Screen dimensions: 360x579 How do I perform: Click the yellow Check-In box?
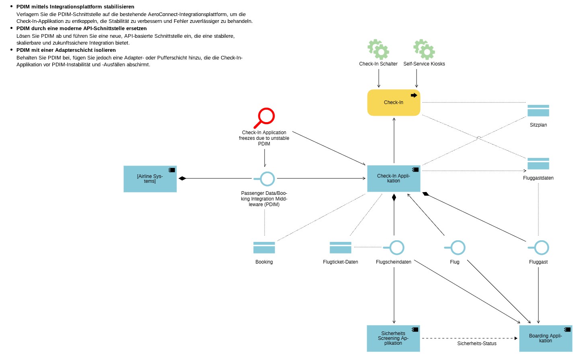393,102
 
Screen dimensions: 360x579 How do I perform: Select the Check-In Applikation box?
393,178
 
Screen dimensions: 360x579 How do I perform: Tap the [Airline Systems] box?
150,179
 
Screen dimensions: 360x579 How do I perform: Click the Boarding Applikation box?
545,338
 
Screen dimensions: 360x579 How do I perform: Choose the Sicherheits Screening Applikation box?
393,338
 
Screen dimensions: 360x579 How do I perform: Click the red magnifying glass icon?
265,117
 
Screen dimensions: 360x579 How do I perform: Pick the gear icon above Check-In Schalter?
378,49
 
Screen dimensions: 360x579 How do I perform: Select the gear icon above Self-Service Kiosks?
424,49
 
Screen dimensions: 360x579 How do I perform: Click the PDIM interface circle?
267,179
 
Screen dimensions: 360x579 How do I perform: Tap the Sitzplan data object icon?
538,110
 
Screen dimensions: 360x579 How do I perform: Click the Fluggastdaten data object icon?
538,164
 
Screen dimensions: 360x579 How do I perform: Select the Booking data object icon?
264,247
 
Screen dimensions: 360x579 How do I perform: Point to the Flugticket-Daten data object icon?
340,247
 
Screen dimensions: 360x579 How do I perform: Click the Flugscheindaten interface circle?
396,247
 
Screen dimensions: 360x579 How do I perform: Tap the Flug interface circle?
458,247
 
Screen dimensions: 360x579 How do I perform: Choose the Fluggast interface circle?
541,247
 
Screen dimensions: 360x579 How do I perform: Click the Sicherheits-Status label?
476,344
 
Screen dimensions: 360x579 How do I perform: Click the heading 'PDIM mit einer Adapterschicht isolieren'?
66,50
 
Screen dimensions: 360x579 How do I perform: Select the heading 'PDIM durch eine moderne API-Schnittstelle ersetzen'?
81,29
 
